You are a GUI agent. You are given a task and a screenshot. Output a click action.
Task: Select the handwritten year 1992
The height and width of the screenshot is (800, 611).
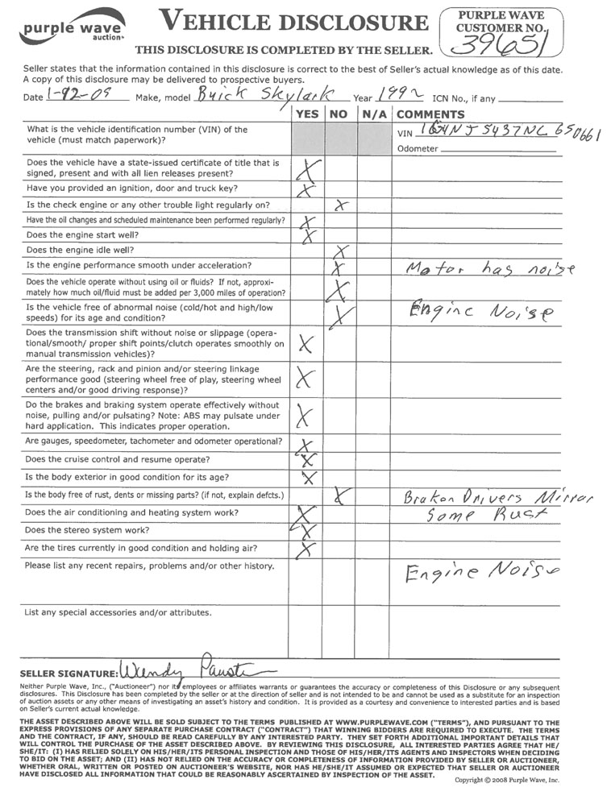401,95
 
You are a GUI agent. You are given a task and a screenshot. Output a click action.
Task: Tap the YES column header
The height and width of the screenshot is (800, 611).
306,114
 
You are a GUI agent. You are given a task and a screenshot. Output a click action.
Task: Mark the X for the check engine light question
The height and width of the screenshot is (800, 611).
340,205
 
